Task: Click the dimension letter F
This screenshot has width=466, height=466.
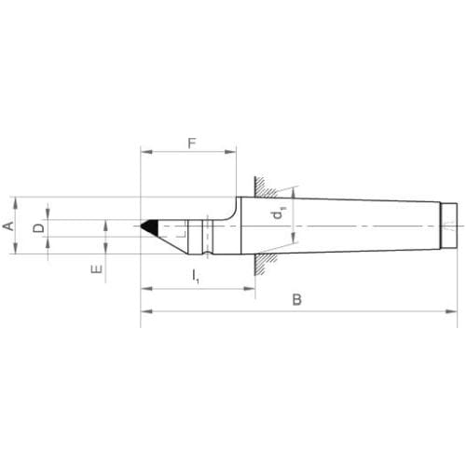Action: pyautogui.click(x=193, y=144)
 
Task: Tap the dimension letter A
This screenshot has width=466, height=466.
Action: pyautogui.click(x=8, y=226)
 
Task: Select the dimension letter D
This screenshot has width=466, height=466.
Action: pyautogui.click(x=38, y=228)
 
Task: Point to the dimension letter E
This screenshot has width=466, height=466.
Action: pyautogui.click(x=97, y=269)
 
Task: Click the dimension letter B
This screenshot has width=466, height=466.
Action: pyautogui.click(x=297, y=300)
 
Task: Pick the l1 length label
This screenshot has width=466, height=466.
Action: pyautogui.click(x=195, y=276)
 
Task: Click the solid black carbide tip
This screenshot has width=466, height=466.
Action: pyautogui.click(x=150, y=227)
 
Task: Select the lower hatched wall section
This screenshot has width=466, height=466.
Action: pyautogui.click(x=266, y=264)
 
